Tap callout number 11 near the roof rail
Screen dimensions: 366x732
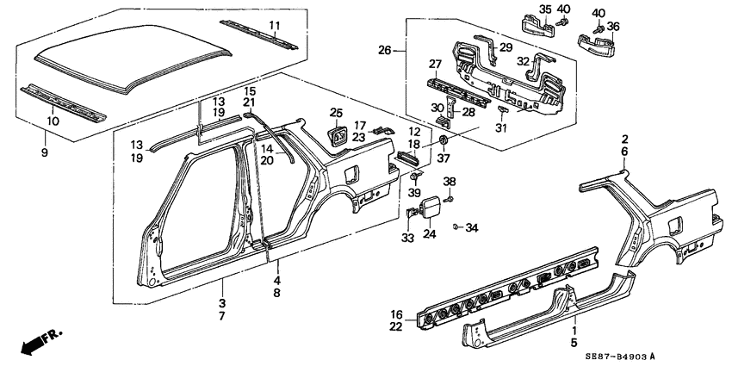coord(275,24)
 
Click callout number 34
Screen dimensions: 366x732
coord(470,227)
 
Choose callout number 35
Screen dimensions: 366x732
coord(544,9)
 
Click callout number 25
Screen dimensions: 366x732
coord(336,113)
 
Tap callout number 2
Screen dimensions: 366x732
coord(625,138)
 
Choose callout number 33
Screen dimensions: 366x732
coord(407,238)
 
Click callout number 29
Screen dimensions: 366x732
coord(506,47)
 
